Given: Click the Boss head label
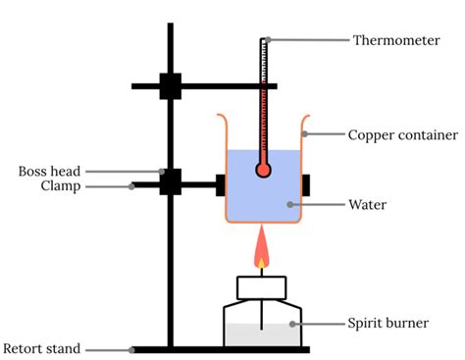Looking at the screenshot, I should click(45, 171).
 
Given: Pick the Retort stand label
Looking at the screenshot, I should click(41, 348).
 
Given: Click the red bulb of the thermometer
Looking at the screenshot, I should click(263, 170).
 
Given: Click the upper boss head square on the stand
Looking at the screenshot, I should click(171, 86).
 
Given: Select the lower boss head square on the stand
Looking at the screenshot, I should click(171, 181).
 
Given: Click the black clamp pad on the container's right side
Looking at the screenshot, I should click(307, 182).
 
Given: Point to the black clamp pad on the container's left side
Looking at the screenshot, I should click(219, 182).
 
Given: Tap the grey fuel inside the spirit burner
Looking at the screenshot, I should click(262, 334).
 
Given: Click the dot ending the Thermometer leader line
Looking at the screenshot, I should click(266, 40).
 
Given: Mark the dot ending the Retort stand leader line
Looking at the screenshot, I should click(131, 348).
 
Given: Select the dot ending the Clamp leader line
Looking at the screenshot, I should click(133, 185).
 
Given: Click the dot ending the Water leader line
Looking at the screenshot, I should click(288, 206).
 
